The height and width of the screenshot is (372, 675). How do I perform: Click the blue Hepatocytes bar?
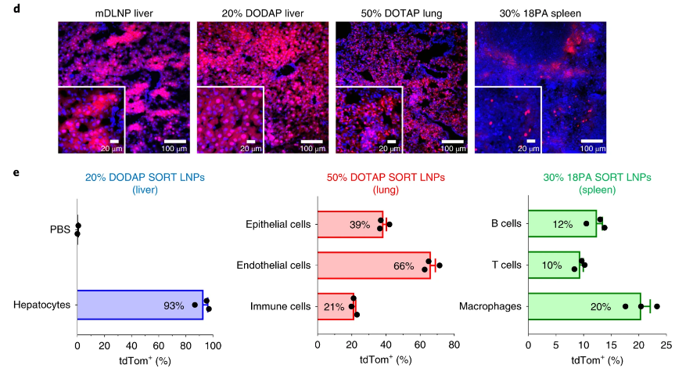tap(139, 305)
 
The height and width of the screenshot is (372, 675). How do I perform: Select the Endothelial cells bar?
tap(373, 265)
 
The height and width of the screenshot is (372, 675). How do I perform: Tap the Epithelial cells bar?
tap(350, 225)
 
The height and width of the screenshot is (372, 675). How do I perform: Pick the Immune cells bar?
tap(336, 306)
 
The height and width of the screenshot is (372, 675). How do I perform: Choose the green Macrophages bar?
tap(583, 306)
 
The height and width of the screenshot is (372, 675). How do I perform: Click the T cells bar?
tap(555, 265)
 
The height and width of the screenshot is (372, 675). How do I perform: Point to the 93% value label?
tap(174, 305)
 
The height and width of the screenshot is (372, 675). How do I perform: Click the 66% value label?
tap(404, 266)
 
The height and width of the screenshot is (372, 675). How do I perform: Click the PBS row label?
tap(60, 229)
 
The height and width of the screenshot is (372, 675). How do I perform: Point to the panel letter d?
tap(6, 6)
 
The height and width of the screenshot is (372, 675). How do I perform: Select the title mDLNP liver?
tap(124, 13)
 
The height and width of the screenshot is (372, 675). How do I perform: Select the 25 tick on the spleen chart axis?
tap(666, 345)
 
